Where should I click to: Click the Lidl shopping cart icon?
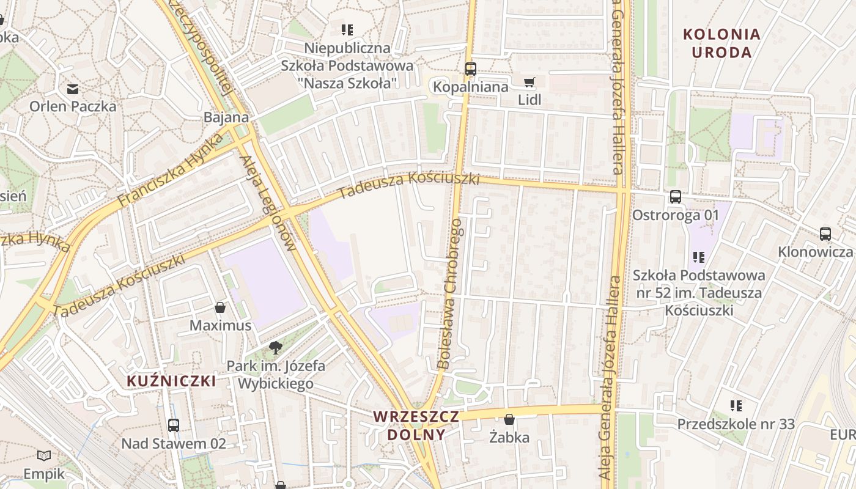click(529, 82)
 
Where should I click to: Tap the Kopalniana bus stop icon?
click(470, 69)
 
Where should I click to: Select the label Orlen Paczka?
click(73, 106)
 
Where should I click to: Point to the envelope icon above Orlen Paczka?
click(73, 89)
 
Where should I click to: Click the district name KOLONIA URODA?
click(721, 43)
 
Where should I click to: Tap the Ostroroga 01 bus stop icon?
click(675, 197)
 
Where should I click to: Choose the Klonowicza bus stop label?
click(815, 252)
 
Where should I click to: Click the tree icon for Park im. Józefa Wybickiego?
click(276, 348)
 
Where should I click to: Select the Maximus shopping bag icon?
click(220, 307)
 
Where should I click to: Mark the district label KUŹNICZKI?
click(171, 381)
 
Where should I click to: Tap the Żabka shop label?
click(509, 438)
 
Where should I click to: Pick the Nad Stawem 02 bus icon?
click(174, 425)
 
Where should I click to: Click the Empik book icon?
click(44, 455)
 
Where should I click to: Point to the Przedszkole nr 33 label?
click(736, 424)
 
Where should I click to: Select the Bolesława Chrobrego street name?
click(451, 293)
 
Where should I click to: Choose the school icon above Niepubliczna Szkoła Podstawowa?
click(347, 29)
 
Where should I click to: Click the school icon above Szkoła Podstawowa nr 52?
click(698, 257)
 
